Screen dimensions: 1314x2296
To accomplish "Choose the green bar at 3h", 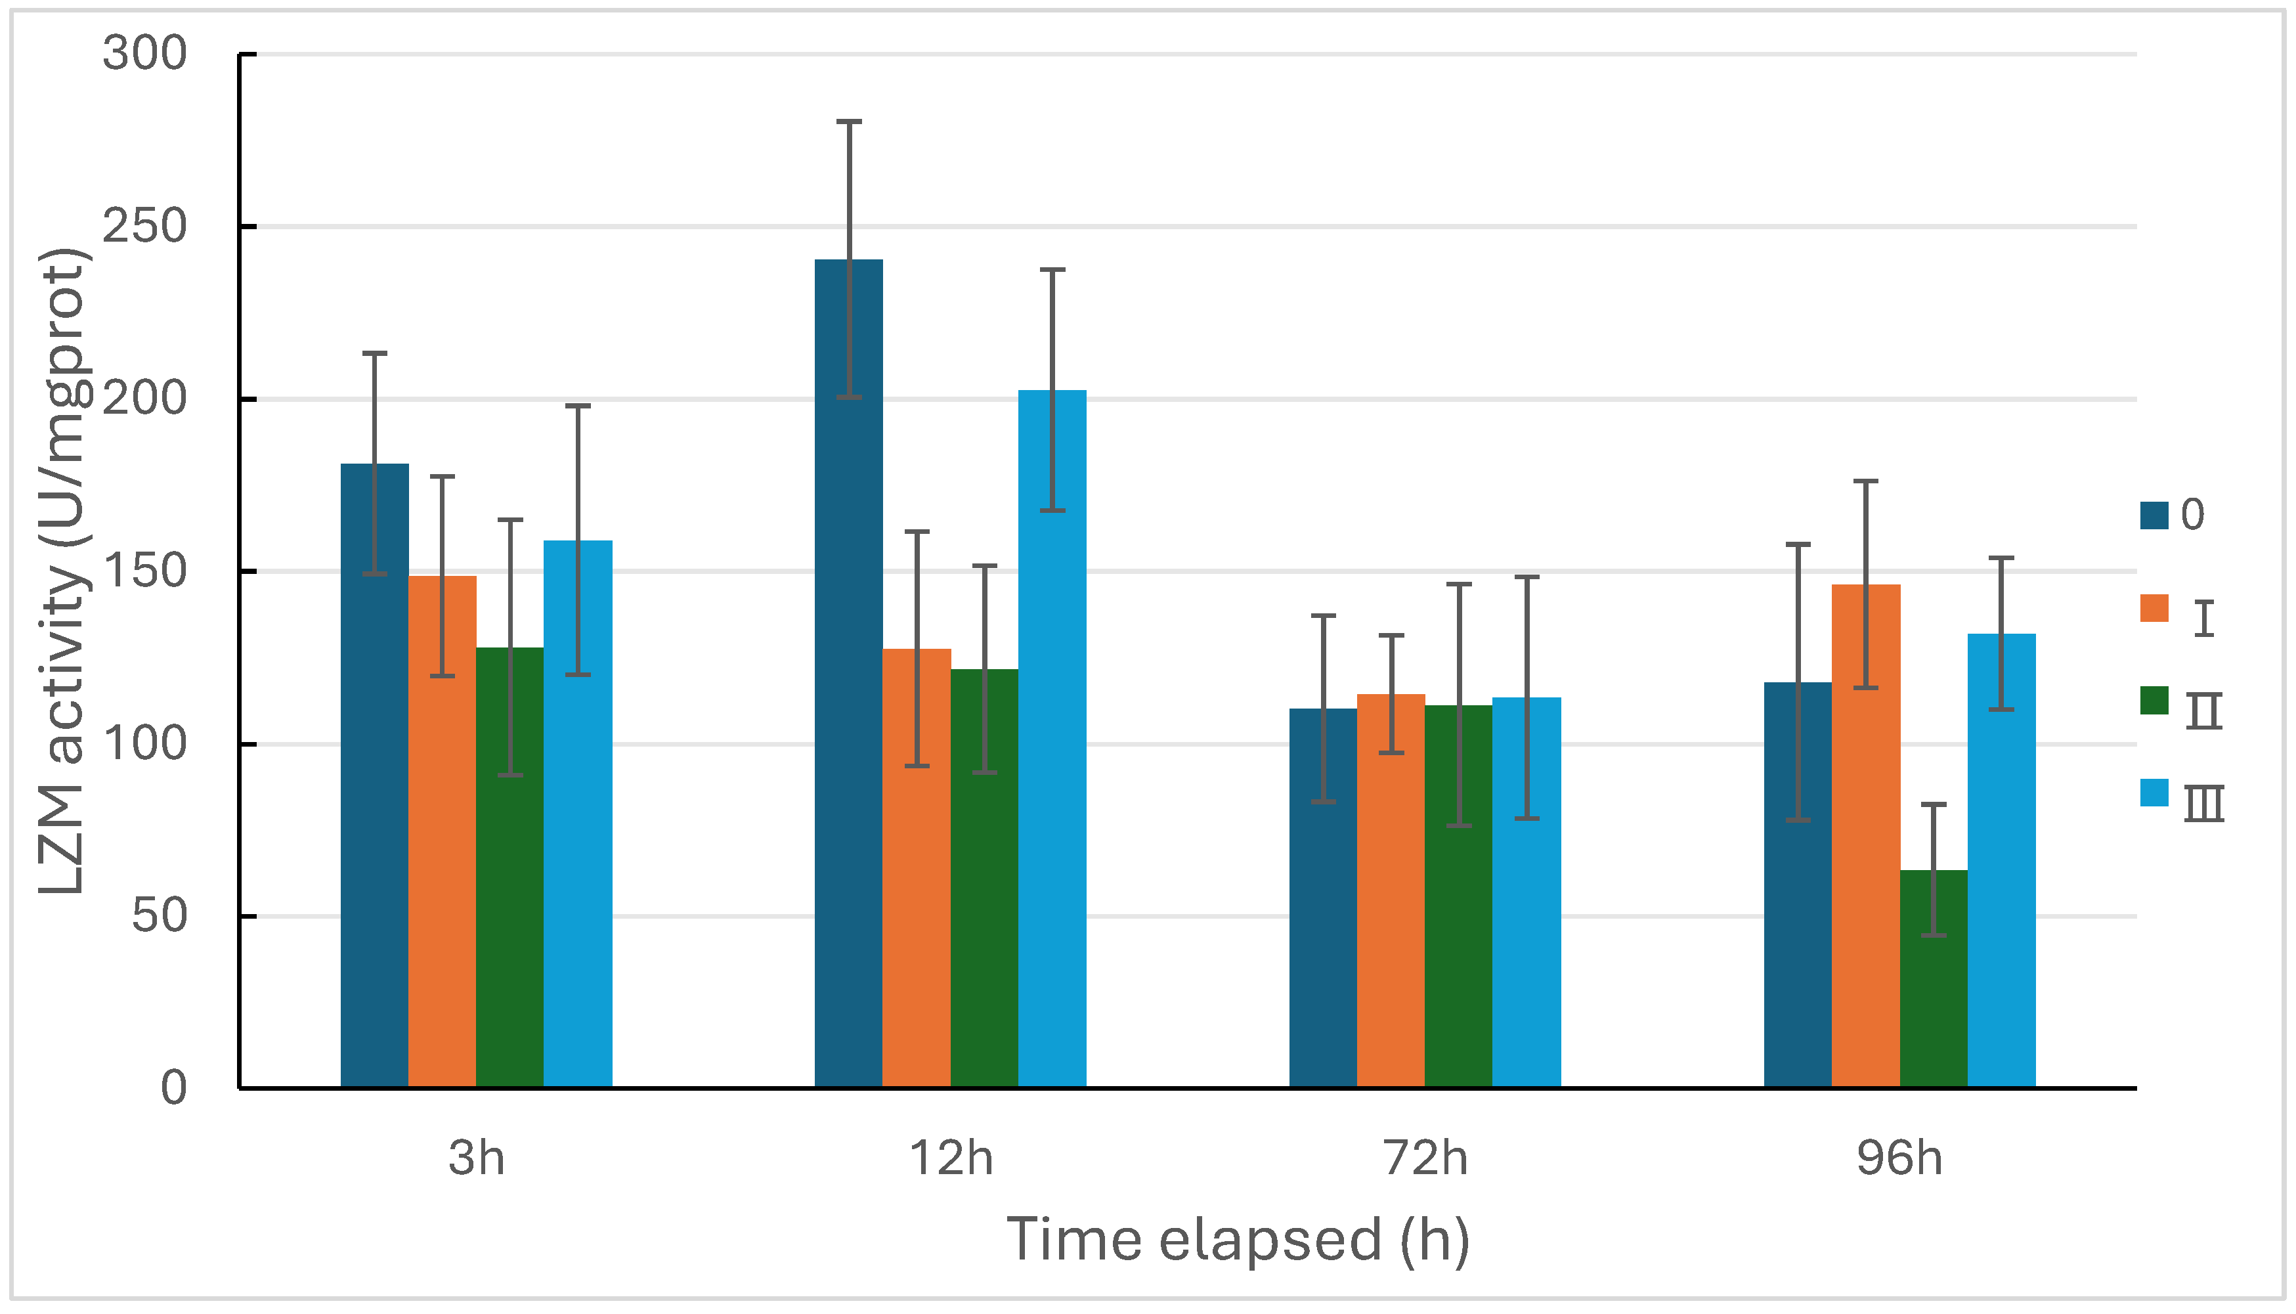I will [509, 866].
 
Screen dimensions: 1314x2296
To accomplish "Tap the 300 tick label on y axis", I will [144, 53].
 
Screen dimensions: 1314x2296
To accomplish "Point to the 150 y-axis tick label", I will [144, 571].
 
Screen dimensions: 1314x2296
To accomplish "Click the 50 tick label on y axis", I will [160, 916].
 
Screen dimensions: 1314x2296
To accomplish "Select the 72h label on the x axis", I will [1425, 1158].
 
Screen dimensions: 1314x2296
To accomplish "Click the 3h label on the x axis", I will [477, 1158].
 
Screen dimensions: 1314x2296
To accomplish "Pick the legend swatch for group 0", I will [2154, 515].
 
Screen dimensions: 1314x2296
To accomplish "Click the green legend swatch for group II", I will [2154, 700].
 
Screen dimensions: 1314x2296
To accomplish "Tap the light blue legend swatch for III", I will [2154, 793].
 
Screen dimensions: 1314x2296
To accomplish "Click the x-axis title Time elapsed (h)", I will [1238, 1239].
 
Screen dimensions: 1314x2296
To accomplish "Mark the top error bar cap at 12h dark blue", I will [849, 121].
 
